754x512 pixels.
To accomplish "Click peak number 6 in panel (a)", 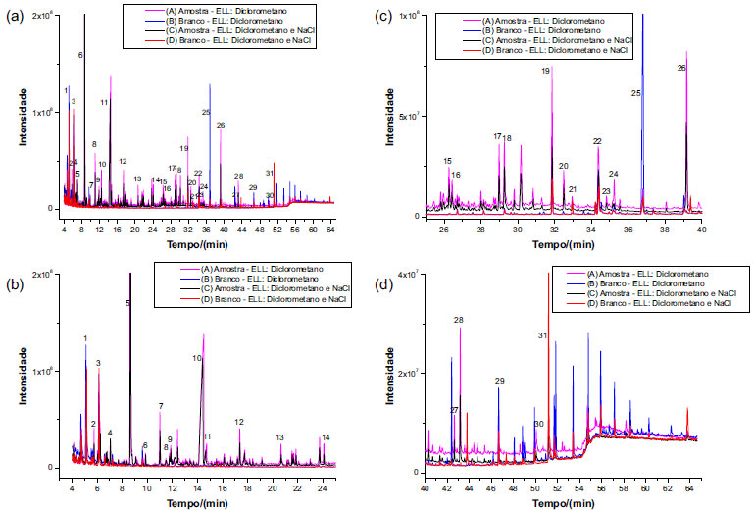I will click(80, 56).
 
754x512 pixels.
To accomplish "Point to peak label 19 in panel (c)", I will click(546, 72).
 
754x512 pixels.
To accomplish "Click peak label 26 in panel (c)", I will click(681, 69).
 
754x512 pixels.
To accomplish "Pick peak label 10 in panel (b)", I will click(197, 359).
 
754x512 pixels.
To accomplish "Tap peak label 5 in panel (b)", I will click(128, 304).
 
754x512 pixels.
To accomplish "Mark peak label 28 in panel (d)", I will click(459, 321).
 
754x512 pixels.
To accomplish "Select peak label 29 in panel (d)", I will click(499, 381).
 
